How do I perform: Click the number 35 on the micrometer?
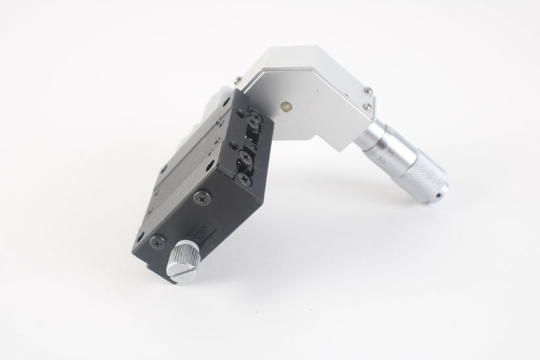[389, 151]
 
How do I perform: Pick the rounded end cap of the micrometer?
[439, 190]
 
